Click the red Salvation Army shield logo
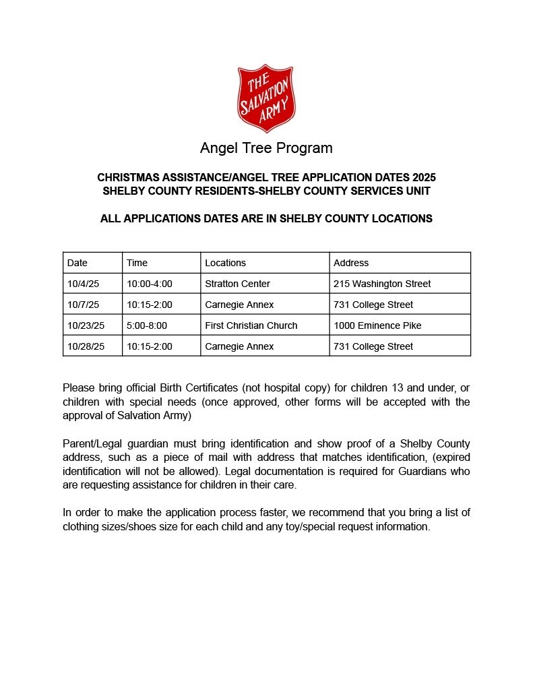[x=266, y=98]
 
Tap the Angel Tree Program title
[x=266, y=148]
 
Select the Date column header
[x=77, y=263]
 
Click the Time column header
[x=137, y=263]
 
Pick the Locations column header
[x=225, y=263]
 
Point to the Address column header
[x=351, y=263]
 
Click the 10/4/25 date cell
[x=83, y=284]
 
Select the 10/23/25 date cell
[x=86, y=325]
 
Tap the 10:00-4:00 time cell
[x=149, y=284]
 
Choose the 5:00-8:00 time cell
[x=146, y=325]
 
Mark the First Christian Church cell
[x=251, y=325]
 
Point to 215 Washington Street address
[x=382, y=284]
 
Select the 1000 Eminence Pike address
[x=377, y=325]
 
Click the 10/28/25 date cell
[x=86, y=346]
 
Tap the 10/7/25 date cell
[x=83, y=305]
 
